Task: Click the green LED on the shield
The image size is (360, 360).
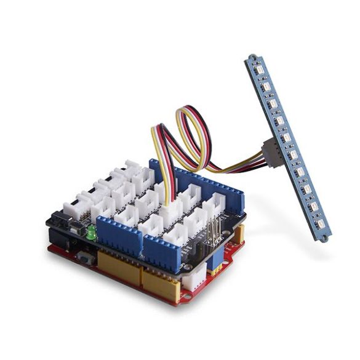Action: click(x=91, y=233)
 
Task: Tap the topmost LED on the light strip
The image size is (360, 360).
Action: click(x=259, y=73)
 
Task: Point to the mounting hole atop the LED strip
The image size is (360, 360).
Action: click(x=252, y=60)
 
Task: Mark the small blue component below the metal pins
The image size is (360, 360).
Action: click(x=215, y=262)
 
